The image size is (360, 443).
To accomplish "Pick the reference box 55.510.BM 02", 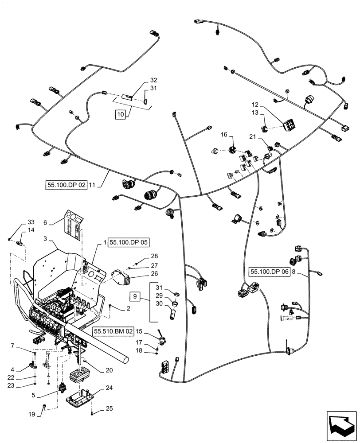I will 113,331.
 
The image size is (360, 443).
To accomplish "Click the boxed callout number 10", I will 120,114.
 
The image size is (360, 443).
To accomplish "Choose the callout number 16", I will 224,134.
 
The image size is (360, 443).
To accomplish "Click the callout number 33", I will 31,222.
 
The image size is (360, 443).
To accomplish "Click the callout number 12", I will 255,105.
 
